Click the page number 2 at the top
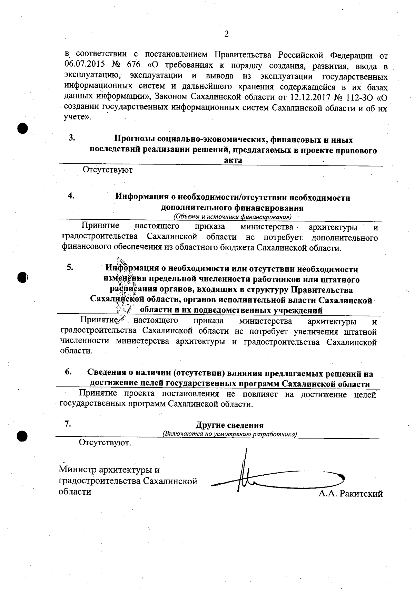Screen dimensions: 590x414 [x=226, y=34]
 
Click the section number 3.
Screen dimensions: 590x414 [x=72, y=138]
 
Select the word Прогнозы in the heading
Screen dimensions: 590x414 [x=135, y=140]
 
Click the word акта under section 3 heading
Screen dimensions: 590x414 [x=233, y=160]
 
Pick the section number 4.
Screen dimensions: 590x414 [x=71, y=196]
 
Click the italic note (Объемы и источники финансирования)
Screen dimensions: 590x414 [x=232, y=217]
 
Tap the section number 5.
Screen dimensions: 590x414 [x=70, y=267]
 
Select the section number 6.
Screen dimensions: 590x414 [x=68, y=372]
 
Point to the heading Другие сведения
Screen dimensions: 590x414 [x=230, y=425]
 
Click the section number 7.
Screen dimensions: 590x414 [x=68, y=424]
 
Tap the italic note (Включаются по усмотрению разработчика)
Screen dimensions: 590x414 [x=230, y=434]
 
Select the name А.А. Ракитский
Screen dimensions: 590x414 [x=351, y=494]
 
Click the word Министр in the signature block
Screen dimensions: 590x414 [x=78, y=470]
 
